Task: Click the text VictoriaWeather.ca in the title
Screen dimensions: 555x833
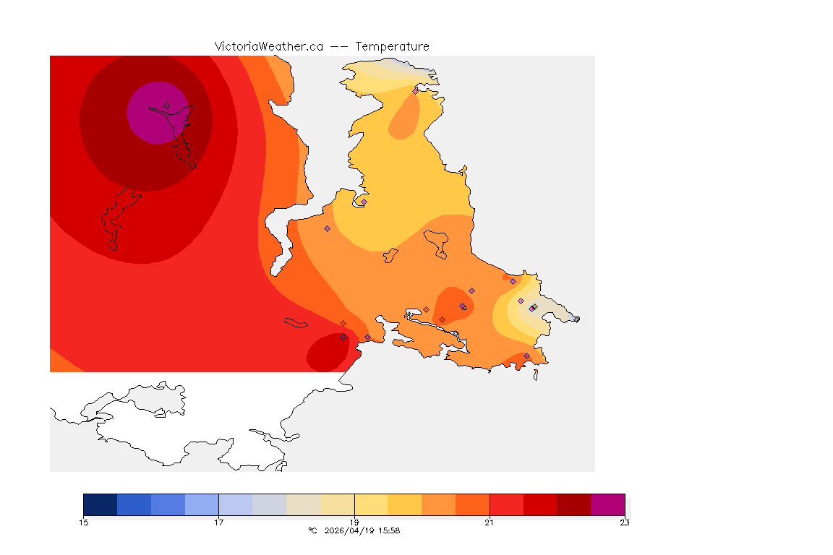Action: pos(268,46)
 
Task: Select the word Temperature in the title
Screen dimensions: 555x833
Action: pos(392,46)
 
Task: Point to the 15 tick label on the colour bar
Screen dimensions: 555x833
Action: pos(83,522)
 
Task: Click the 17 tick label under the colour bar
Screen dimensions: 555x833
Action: pos(218,522)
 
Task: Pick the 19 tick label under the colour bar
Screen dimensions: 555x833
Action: pos(354,522)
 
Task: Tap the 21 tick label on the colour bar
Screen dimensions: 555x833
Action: pos(490,522)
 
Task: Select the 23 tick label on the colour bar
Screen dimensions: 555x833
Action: pos(625,522)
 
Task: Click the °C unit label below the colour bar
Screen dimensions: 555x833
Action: pos(312,530)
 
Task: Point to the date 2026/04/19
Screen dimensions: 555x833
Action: pos(350,530)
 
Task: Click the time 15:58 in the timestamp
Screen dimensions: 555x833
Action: pos(390,530)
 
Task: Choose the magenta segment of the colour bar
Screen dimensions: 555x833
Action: pos(607,504)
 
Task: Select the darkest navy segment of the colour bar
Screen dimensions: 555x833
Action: pos(100,504)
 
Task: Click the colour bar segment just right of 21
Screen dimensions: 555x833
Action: pos(506,504)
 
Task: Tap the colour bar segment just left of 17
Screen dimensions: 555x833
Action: pos(202,504)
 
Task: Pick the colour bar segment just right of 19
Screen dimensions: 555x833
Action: pos(371,504)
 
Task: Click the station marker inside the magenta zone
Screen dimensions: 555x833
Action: pos(166,106)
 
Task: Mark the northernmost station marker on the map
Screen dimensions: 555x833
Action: pos(415,91)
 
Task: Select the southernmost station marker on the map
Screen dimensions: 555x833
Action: pos(526,356)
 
